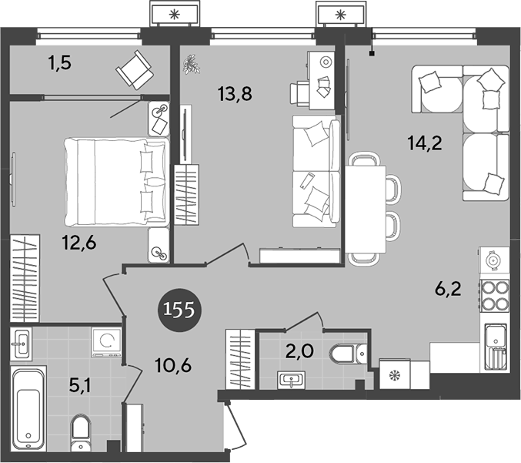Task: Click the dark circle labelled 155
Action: [x=179, y=310]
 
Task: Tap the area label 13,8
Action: [x=236, y=95]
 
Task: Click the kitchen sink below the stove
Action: [x=494, y=347]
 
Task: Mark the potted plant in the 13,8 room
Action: [x=191, y=64]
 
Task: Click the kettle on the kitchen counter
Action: [x=493, y=260]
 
